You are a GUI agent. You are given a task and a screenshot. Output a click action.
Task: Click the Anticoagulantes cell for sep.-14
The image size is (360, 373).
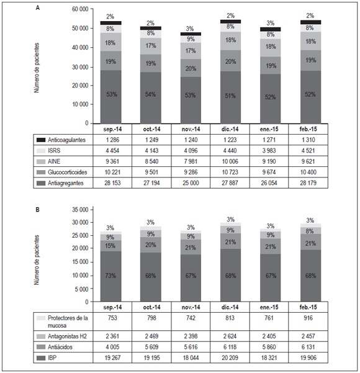click(110, 141)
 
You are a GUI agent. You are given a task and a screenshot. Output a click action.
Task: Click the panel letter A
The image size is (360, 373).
click(38, 8)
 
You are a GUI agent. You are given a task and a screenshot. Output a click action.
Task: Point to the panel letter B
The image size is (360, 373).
click(38, 209)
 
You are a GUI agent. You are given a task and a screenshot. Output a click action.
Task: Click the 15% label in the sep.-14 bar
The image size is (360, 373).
click(110, 246)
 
